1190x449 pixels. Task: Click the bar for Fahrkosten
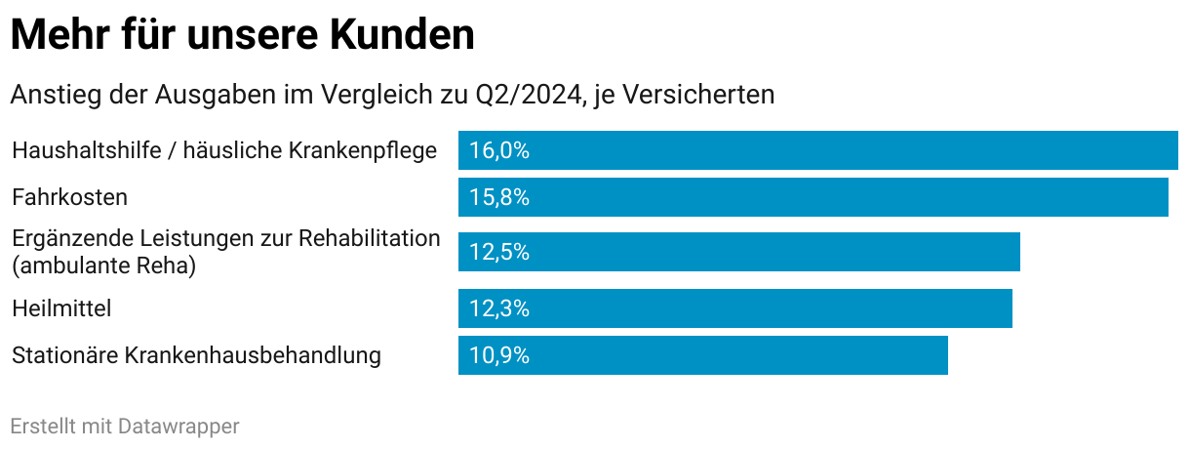tap(813, 197)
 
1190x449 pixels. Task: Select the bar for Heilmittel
tap(734, 308)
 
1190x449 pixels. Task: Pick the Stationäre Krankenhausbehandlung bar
tap(702, 355)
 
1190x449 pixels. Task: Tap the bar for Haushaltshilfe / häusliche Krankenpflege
tap(817, 150)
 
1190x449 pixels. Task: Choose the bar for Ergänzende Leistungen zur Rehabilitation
tap(738, 252)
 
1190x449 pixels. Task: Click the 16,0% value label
tap(498, 150)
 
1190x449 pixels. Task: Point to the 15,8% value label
tap(498, 197)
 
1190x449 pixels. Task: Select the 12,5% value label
tap(498, 252)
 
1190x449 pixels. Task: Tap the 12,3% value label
tap(498, 308)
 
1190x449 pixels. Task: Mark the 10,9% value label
tap(498, 355)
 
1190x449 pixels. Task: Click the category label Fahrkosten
tap(69, 197)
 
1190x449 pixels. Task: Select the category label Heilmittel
tap(61, 308)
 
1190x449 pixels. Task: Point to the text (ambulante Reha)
tap(103, 265)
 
